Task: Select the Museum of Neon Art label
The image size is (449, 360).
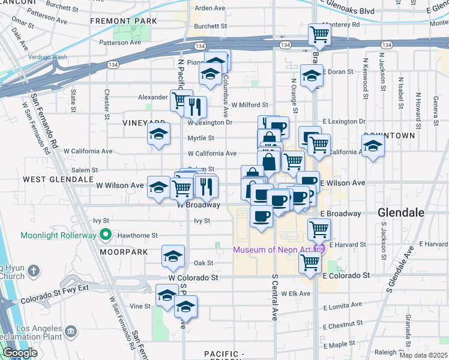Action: coord(273,249)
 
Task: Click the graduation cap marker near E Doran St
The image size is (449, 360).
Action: coord(312,76)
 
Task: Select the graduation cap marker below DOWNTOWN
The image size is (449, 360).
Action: coord(373,146)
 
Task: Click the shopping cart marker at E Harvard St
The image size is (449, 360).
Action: coord(319,229)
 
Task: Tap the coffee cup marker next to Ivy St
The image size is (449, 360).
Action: coord(261,216)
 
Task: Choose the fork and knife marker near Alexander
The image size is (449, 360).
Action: coord(195,107)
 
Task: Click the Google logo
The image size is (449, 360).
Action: coord(20,353)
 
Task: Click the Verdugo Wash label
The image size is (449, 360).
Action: coord(47,57)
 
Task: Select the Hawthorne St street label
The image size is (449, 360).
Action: coord(137,235)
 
